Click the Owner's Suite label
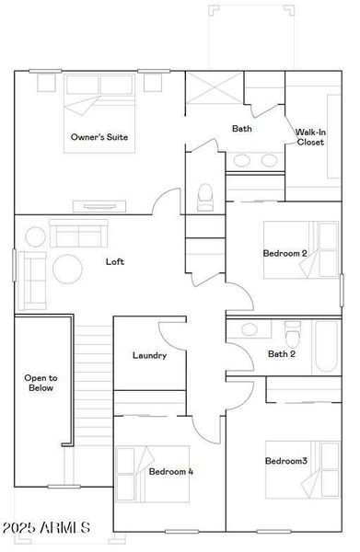[x=99, y=137]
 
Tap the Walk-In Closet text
[x=309, y=137]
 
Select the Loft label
[x=114, y=261]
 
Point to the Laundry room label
[x=149, y=355]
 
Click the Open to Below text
[x=41, y=383]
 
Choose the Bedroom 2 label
[x=285, y=253]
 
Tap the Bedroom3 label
[x=286, y=460]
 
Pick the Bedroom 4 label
[x=171, y=471]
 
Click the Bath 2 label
[x=281, y=353]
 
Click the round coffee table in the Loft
[x=66, y=269]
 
